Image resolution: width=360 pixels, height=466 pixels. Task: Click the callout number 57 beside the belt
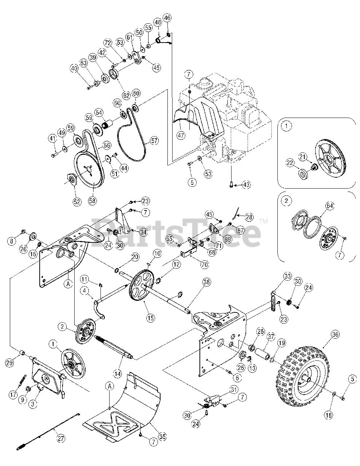tap(155, 140)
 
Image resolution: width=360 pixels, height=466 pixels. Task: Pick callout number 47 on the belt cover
tap(181, 135)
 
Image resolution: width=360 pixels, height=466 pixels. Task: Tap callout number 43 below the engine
tap(246, 185)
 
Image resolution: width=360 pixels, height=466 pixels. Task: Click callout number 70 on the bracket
tap(205, 265)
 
